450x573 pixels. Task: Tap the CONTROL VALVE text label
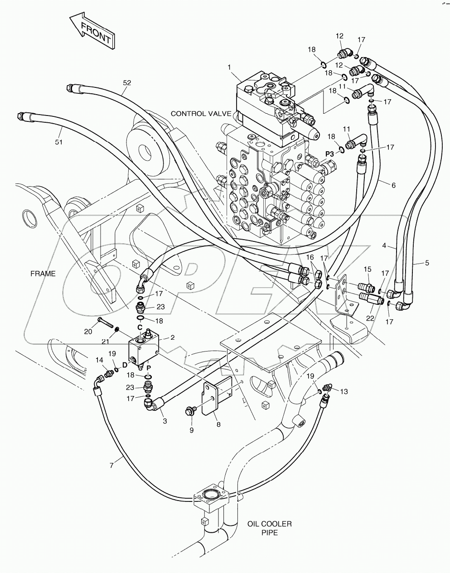[x=201, y=114]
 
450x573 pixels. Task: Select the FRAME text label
[x=43, y=274]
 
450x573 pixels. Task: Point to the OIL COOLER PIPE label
[x=269, y=528]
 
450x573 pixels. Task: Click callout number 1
[x=229, y=67]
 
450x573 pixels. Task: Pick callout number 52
[x=127, y=82]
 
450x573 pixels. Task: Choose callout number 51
[x=59, y=142]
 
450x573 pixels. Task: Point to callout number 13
[x=344, y=391]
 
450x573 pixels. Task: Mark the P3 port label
[x=329, y=154]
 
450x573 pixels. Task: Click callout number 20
[x=88, y=331]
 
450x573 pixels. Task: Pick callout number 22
[x=370, y=318]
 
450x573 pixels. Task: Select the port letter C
[x=140, y=327]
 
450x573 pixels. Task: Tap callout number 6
[x=393, y=185]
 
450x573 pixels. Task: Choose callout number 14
[x=99, y=360]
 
